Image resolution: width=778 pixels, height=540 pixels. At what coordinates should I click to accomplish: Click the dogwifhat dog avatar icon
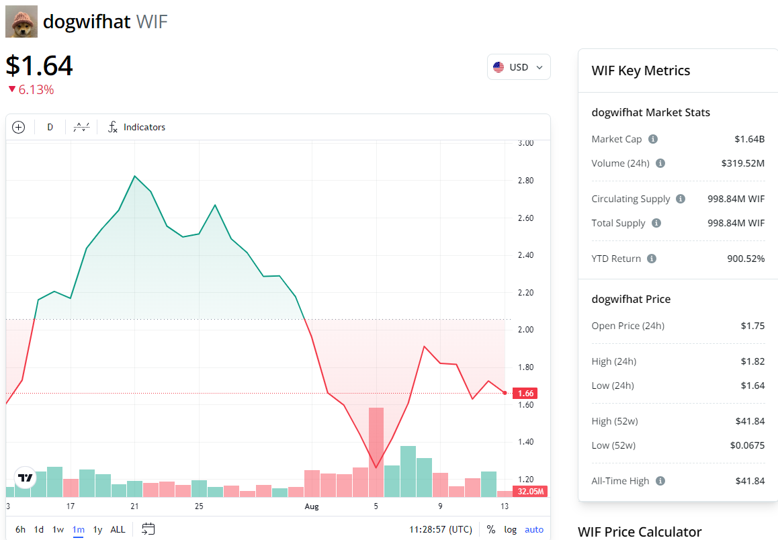click(x=21, y=21)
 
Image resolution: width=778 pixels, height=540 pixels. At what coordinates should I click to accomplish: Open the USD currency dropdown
click(x=519, y=67)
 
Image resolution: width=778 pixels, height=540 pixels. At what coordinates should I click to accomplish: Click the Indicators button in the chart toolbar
click(x=137, y=127)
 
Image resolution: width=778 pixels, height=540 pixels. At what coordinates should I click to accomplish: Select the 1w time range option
click(x=58, y=529)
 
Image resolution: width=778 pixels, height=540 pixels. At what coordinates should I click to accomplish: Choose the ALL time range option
click(x=118, y=529)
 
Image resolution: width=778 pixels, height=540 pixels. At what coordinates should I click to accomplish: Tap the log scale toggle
click(x=511, y=529)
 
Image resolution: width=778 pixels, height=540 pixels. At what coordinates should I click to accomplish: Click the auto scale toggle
click(x=534, y=529)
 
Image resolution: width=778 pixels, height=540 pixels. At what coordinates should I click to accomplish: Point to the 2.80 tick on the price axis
click(x=525, y=181)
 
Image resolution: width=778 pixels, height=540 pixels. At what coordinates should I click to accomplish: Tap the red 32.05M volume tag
click(x=531, y=491)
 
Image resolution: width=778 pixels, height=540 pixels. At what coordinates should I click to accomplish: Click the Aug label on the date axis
click(x=312, y=506)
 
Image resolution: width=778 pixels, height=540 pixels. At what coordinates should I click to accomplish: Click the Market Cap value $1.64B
click(x=749, y=139)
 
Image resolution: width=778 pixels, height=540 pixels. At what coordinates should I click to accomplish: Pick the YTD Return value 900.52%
click(x=746, y=259)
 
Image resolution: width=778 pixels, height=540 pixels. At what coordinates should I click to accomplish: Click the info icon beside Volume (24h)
click(x=660, y=163)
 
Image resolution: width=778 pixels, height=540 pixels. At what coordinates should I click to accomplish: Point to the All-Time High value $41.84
click(x=750, y=481)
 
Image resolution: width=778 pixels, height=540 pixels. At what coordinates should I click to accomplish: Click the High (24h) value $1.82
click(x=752, y=361)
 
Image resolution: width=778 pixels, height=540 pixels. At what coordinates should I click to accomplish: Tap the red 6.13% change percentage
click(x=36, y=89)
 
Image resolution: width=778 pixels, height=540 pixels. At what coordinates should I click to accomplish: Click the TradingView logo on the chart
click(x=26, y=478)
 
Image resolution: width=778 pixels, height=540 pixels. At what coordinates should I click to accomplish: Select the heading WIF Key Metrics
click(x=640, y=71)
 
